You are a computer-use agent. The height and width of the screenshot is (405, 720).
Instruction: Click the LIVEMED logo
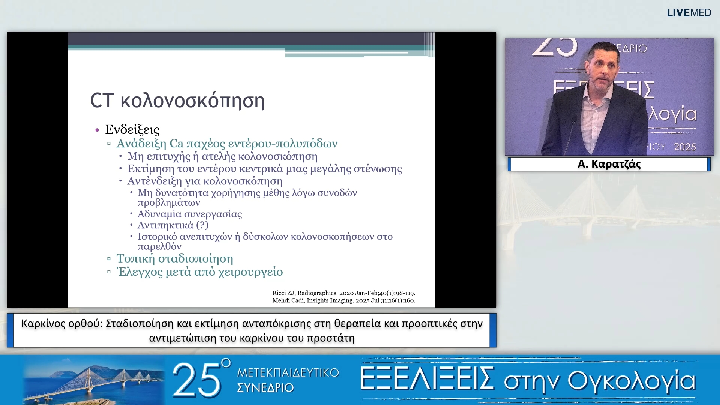coord(688,13)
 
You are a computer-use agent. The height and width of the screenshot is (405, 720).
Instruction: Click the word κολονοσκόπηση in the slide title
coord(192,101)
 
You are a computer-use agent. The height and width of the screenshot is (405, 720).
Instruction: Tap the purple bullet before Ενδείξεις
coord(97,130)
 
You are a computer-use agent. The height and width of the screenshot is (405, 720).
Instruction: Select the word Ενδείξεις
coord(132,130)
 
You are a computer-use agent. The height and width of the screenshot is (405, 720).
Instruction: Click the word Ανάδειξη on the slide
coord(141,144)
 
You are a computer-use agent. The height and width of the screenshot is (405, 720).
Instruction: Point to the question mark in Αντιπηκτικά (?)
coord(202,225)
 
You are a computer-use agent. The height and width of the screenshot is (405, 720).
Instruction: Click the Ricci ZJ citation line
coord(343,293)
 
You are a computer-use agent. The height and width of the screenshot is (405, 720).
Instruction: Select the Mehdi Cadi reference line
coord(343,300)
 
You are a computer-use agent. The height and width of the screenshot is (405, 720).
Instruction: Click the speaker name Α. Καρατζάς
coord(609,164)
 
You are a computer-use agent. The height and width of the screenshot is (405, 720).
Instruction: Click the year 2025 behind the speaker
coord(684,147)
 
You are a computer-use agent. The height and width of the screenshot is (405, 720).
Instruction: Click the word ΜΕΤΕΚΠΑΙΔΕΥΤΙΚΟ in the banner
coord(288,373)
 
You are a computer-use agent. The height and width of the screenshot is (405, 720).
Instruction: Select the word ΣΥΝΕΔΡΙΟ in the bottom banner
coord(265,388)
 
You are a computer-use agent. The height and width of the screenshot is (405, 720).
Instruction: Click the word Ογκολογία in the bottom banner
coord(631,381)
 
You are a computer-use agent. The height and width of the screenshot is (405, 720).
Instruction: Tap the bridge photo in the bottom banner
coord(94,380)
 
